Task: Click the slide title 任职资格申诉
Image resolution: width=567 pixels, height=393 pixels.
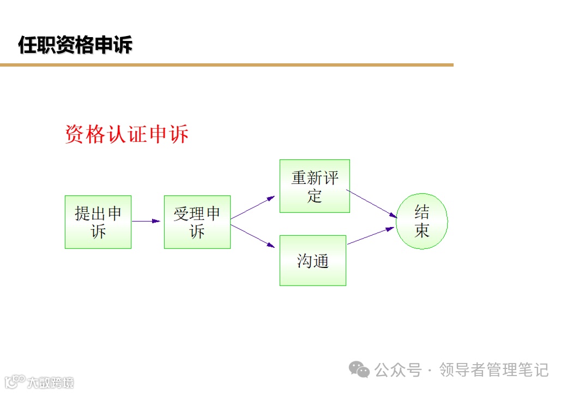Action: (75, 45)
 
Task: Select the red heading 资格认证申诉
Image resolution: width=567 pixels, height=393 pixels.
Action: (126, 134)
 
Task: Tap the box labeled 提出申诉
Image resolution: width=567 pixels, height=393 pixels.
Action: (98, 222)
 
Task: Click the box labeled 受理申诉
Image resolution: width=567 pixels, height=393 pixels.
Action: (197, 222)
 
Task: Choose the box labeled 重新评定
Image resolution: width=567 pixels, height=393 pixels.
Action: (315, 186)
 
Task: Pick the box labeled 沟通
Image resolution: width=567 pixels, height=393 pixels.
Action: (313, 260)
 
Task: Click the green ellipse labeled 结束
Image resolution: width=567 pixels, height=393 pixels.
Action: (422, 221)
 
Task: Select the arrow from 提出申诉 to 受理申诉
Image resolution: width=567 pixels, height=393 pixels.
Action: (146, 221)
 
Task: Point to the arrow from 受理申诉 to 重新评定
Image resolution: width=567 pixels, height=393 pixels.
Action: (252, 208)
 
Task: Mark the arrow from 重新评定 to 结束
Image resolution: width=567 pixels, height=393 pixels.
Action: (372, 203)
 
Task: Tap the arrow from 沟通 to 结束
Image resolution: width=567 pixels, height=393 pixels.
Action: (371, 236)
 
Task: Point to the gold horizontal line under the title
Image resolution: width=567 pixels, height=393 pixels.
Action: (226, 65)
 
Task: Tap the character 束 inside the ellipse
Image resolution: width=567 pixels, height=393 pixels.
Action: (422, 230)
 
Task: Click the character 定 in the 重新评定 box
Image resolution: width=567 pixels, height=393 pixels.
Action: (315, 195)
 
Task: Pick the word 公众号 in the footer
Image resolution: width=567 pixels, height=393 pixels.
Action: (398, 370)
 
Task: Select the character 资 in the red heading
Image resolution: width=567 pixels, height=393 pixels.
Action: (75, 134)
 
